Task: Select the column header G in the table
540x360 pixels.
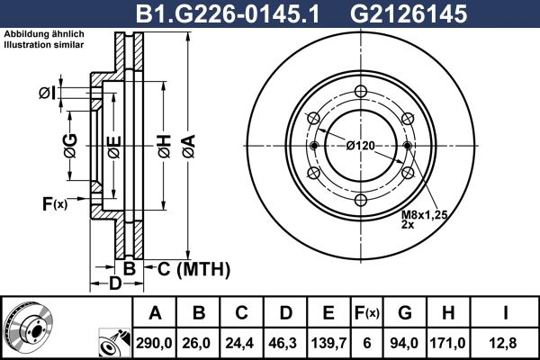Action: click(405, 313)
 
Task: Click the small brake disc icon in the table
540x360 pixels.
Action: click(28, 327)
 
